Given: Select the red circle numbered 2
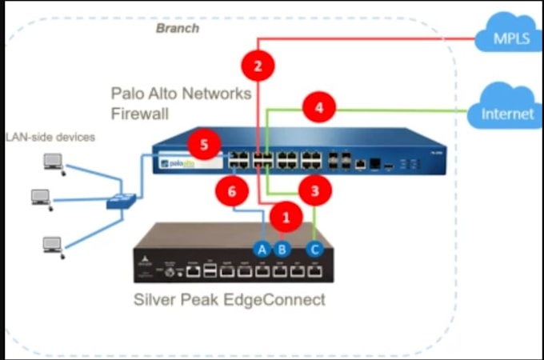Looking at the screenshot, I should pyautogui.click(x=258, y=66).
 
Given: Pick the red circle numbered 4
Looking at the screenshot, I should pyautogui.click(x=318, y=107).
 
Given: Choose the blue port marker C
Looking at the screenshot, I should pyautogui.click(x=314, y=249).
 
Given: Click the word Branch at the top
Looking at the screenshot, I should pyautogui.click(x=178, y=28).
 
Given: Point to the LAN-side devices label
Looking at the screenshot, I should pyautogui.click(x=50, y=138).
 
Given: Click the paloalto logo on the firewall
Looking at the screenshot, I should pyautogui.click(x=181, y=163).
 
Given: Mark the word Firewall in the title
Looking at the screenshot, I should pyautogui.click(x=140, y=114).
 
